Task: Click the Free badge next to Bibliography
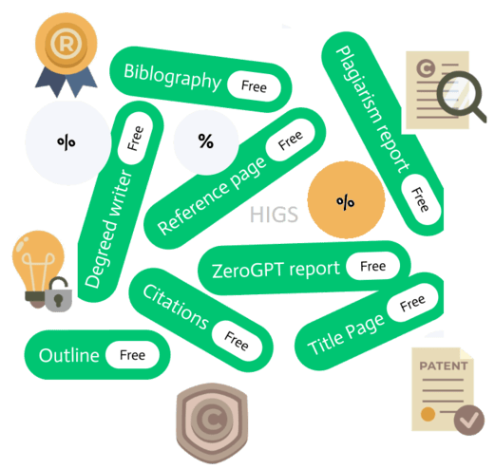click(x=254, y=86)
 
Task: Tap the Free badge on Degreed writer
click(x=135, y=139)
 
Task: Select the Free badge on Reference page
click(x=291, y=140)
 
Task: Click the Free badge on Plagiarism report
click(x=421, y=199)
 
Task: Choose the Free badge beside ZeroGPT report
click(x=372, y=266)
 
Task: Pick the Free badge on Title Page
click(x=412, y=303)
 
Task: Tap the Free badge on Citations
click(x=237, y=341)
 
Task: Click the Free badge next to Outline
click(x=132, y=355)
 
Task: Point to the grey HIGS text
click(x=274, y=215)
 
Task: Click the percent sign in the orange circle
click(x=345, y=201)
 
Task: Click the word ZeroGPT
click(x=247, y=271)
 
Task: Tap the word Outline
click(x=68, y=355)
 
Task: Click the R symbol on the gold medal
click(x=67, y=44)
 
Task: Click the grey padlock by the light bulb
click(x=58, y=294)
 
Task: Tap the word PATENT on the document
click(x=443, y=366)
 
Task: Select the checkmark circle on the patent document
click(x=468, y=420)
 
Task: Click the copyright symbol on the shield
click(x=211, y=419)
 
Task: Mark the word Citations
click(x=176, y=307)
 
